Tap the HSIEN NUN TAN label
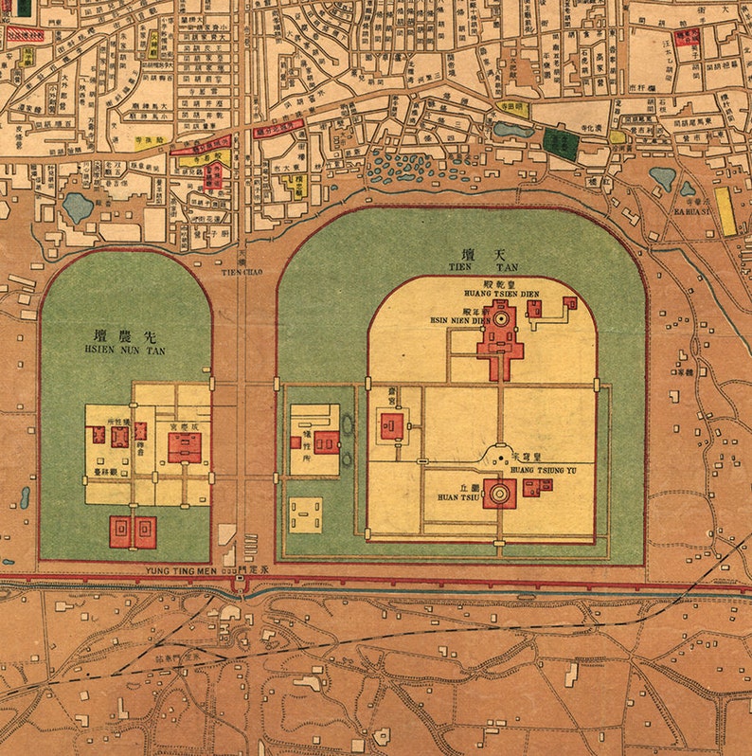(x=124, y=350)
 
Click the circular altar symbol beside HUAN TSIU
(x=499, y=493)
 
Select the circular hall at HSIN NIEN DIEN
(x=498, y=321)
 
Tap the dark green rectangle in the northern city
(x=560, y=143)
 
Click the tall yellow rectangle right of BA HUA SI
(x=725, y=210)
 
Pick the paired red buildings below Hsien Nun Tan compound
(x=133, y=531)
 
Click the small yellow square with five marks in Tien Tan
(x=306, y=514)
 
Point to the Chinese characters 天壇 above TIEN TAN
(x=478, y=253)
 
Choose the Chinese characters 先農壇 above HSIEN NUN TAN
(x=124, y=335)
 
